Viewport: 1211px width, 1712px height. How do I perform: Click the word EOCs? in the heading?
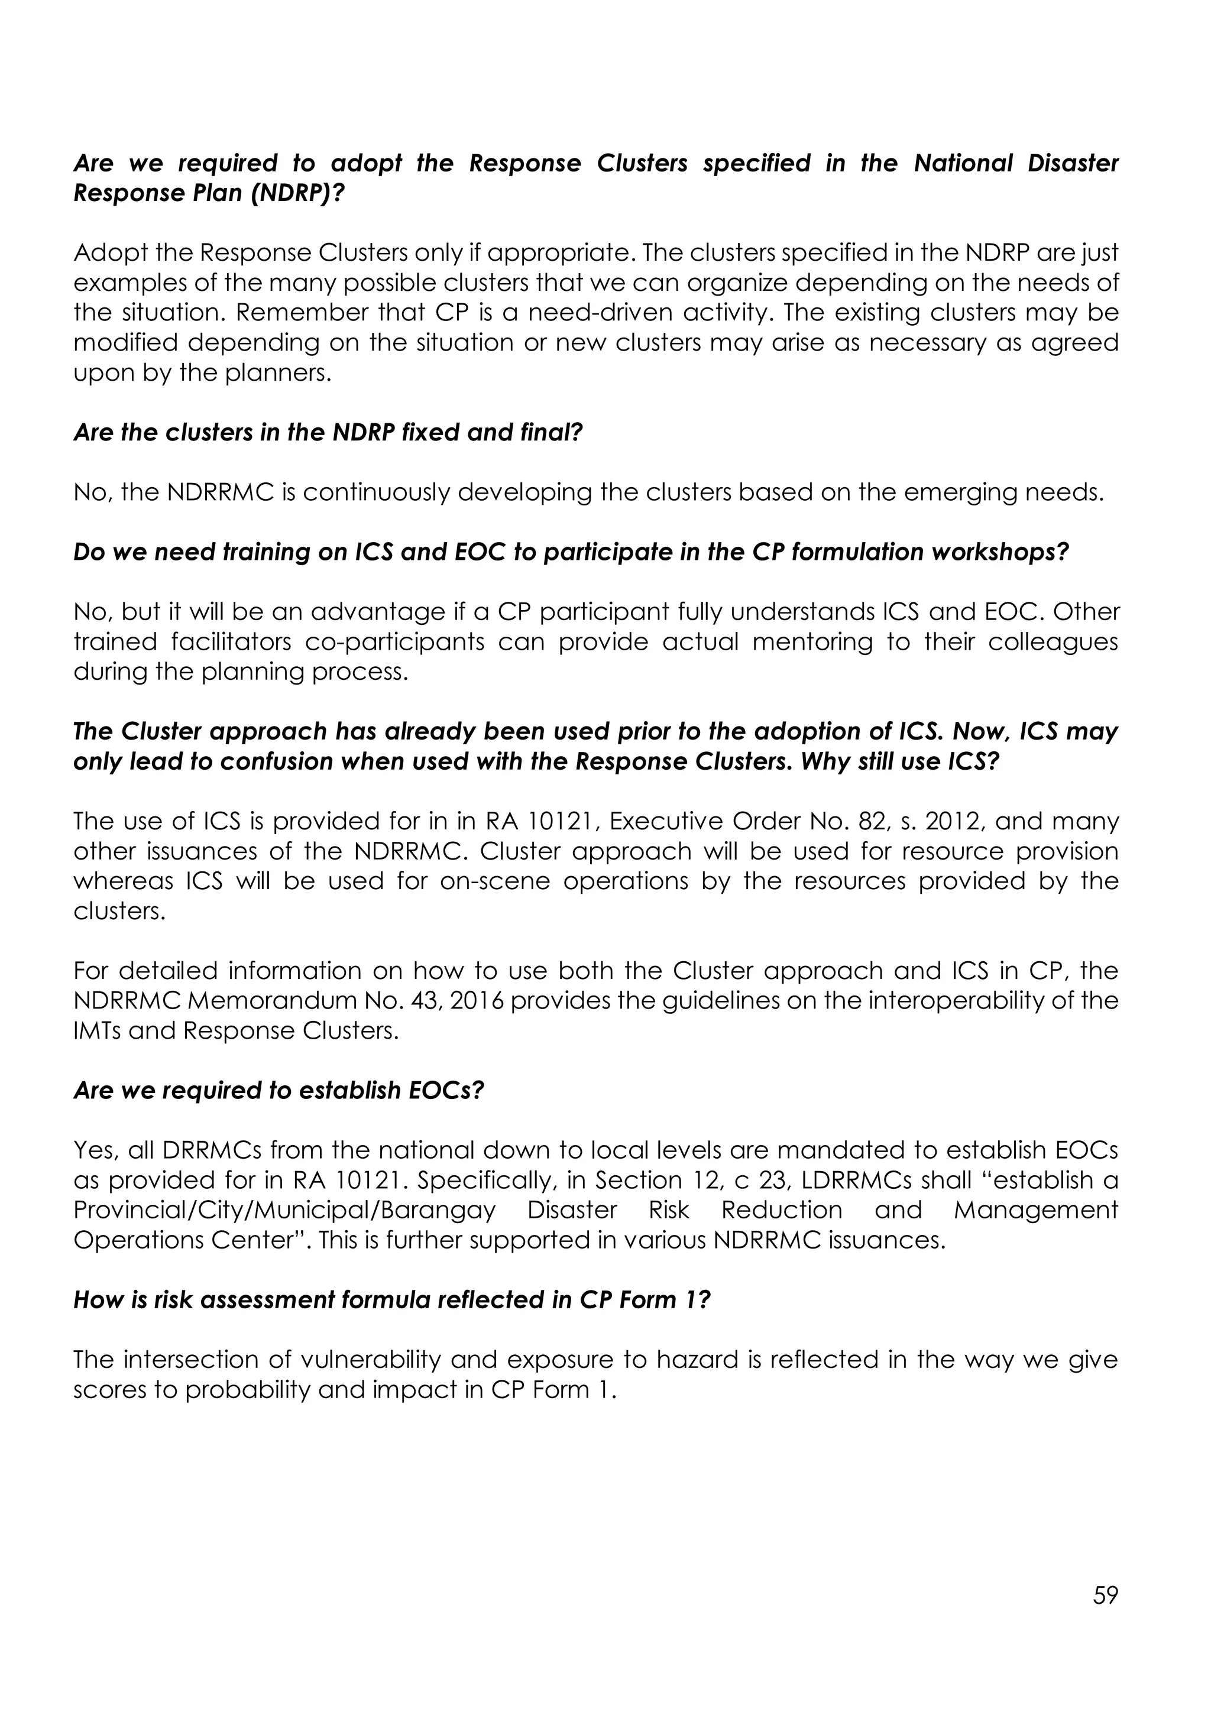pos(446,1091)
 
